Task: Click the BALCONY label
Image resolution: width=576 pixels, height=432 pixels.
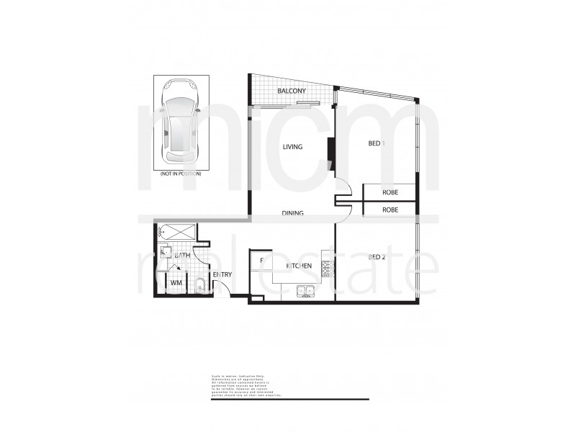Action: pyautogui.click(x=292, y=91)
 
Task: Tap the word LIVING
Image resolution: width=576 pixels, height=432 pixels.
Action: pyautogui.click(x=292, y=147)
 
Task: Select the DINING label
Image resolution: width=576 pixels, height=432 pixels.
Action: pyautogui.click(x=292, y=213)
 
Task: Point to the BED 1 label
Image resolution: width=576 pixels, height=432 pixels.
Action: pyautogui.click(x=377, y=143)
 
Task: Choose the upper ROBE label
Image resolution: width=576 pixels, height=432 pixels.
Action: pyautogui.click(x=390, y=193)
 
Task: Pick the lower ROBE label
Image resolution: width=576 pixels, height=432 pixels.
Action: pyautogui.click(x=390, y=210)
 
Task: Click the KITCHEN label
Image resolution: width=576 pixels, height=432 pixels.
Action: pyautogui.click(x=298, y=266)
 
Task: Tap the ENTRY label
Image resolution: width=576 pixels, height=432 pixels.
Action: pyautogui.click(x=222, y=275)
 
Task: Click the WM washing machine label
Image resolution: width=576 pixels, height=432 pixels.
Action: pyautogui.click(x=175, y=284)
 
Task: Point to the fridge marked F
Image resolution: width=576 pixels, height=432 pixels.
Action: pyautogui.click(x=261, y=260)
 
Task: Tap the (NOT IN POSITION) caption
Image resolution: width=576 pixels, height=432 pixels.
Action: pyautogui.click(x=180, y=174)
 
